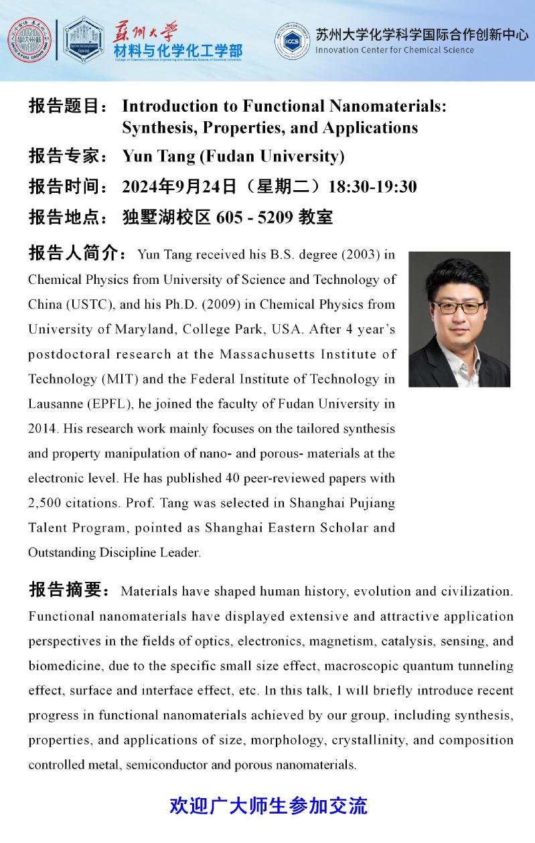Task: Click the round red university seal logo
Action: click(x=29, y=40)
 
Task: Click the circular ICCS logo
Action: click(x=292, y=40)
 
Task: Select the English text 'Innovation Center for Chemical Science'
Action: click(x=394, y=50)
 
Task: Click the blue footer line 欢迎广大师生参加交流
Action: click(x=269, y=805)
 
